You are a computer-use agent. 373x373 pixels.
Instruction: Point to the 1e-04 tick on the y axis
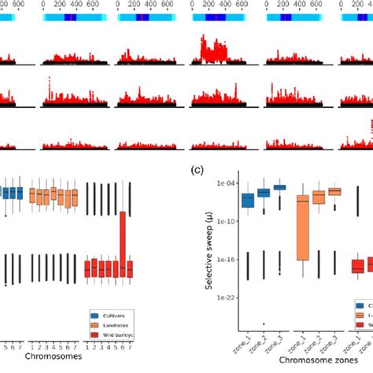coord(223,183)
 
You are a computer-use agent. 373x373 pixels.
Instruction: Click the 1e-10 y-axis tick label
coord(223,221)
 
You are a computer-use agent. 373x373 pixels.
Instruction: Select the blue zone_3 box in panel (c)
coord(279,186)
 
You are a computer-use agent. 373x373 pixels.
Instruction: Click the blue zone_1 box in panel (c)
coord(248,200)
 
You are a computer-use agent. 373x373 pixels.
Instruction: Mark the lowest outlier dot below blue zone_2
coord(264,323)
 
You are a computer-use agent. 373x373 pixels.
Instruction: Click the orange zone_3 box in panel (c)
coord(334,191)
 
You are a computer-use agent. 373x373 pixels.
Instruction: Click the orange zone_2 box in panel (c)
coord(319,197)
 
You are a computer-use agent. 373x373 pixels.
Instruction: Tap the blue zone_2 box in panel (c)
coord(264,192)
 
